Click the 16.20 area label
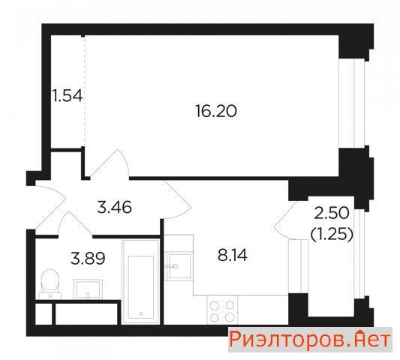point(216,111)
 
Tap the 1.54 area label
point(68,96)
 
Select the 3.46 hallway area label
point(115,207)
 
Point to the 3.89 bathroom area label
point(88,258)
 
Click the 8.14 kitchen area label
point(233,255)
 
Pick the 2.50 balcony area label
point(332,213)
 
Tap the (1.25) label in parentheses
point(332,234)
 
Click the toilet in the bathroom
point(50,284)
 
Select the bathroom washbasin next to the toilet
point(88,289)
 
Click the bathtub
point(141,281)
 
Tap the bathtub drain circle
point(141,313)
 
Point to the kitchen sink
point(179,266)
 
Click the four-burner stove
point(222,310)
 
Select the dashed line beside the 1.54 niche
point(85,91)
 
